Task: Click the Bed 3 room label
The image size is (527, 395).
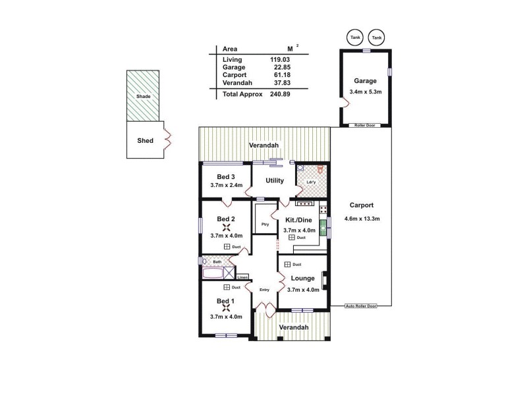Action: tap(226, 176)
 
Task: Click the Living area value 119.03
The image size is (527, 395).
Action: tap(280, 60)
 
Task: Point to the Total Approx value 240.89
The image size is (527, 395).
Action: tap(280, 94)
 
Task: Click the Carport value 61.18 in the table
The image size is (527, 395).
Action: tap(280, 74)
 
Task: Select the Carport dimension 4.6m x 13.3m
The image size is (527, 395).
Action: tap(362, 219)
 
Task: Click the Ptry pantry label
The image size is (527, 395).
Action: tap(265, 224)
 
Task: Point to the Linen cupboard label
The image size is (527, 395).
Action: tap(242, 277)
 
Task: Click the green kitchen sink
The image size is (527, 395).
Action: tap(323, 228)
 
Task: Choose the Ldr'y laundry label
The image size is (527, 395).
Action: tap(311, 182)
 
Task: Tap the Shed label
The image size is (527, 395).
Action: tap(145, 140)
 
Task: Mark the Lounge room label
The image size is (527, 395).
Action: tap(302, 278)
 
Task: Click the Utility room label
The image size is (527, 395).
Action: tap(274, 180)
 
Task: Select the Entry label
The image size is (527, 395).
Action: tap(264, 290)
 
